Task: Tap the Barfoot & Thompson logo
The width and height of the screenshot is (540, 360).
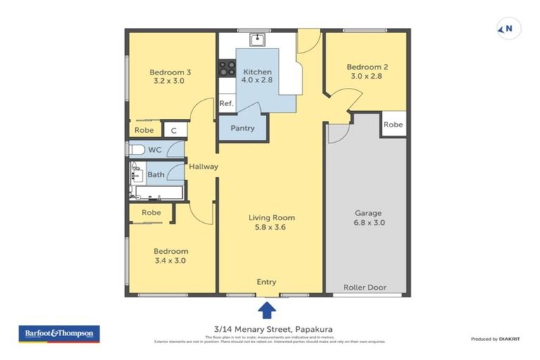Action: pyautogui.click(x=59, y=333)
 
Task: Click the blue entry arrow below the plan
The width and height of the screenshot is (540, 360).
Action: pyautogui.click(x=266, y=309)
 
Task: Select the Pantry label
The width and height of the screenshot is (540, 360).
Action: pyautogui.click(x=242, y=129)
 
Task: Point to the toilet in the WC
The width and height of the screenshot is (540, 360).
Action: pyautogui.click(x=136, y=150)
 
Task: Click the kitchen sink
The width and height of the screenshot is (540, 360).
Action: pyautogui.click(x=258, y=39)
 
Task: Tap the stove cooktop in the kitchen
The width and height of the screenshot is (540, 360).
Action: pyautogui.click(x=227, y=68)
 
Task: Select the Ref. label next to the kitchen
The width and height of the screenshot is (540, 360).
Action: pyautogui.click(x=226, y=103)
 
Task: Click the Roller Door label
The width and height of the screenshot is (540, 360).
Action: pyautogui.click(x=365, y=288)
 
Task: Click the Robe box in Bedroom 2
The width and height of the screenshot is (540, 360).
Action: pyautogui.click(x=394, y=124)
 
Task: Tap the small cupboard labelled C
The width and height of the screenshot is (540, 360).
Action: pyautogui.click(x=174, y=130)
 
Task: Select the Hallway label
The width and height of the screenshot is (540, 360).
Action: pyautogui.click(x=203, y=167)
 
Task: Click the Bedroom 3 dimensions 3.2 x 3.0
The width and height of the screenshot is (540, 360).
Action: pyautogui.click(x=170, y=81)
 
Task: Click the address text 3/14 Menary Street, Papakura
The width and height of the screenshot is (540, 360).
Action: pyautogui.click(x=269, y=327)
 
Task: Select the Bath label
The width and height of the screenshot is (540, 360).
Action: pyautogui.click(x=156, y=174)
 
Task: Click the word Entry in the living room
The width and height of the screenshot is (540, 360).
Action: pyautogui.click(x=266, y=282)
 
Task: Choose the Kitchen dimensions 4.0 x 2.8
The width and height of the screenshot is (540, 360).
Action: pyautogui.click(x=257, y=81)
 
